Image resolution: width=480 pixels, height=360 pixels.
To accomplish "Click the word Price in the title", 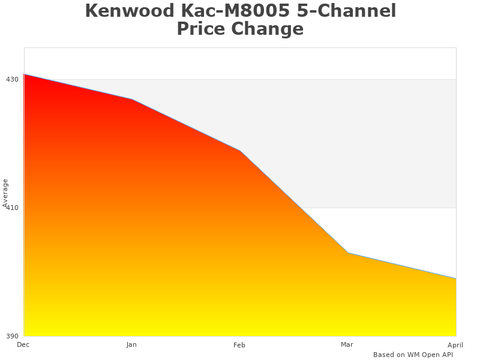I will (x=203, y=29).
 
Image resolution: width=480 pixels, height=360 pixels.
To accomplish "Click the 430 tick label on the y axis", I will (x=12, y=79).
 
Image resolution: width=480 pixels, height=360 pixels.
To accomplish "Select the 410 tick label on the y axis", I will (x=12, y=208).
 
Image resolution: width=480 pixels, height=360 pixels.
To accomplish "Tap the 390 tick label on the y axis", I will (x=12, y=336).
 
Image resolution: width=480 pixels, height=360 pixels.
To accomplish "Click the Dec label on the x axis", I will (x=23, y=344).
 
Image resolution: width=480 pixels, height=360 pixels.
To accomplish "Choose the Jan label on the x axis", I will (x=131, y=344).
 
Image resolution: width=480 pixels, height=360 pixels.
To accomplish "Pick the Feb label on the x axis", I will (x=239, y=345).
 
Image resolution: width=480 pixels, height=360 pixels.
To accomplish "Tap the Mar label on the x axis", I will (x=347, y=344).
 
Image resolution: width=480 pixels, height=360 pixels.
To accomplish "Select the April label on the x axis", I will (x=455, y=345).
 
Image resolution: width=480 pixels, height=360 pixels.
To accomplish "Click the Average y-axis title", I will (x=5, y=193).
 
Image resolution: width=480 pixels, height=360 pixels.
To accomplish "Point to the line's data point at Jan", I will (x=132, y=99).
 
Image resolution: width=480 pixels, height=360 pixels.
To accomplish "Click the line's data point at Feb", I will (x=240, y=151).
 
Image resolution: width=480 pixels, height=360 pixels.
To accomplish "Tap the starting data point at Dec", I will (x=25, y=74).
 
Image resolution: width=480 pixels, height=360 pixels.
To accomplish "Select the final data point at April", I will (x=455, y=278).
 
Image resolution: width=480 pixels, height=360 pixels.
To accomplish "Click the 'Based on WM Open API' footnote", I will (x=413, y=355).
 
